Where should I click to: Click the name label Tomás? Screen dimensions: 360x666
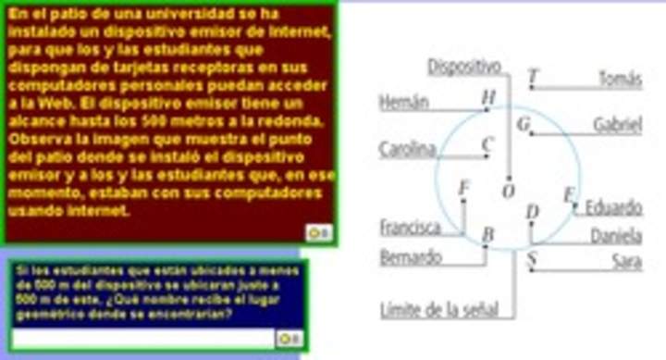tap(619, 79)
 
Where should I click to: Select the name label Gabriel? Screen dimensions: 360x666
tap(617, 124)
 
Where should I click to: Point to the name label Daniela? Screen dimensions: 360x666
tap(616, 236)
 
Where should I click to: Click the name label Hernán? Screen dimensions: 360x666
tap(403, 102)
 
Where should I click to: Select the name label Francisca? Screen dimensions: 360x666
tap(410, 226)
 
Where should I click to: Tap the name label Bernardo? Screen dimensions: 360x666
tap(410, 257)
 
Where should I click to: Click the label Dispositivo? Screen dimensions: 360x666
tap(464, 67)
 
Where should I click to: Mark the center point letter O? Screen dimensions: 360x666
tap(507, 192)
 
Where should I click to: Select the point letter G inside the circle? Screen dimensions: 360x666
tap(524, 123)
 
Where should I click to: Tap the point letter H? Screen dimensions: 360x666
tap(488, 96)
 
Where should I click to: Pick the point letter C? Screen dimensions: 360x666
tap(487, 144)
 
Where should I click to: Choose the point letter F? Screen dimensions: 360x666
tap(464, 189)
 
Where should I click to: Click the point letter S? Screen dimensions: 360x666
tap(531, 258)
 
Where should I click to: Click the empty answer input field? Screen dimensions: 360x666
tap(142, 339)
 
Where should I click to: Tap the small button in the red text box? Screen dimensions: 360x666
tap(318, 232)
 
